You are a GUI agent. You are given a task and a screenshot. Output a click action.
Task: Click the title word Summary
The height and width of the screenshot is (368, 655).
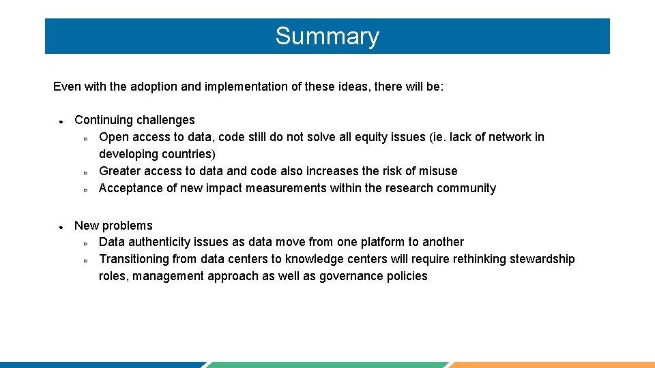click(x=327, y=36)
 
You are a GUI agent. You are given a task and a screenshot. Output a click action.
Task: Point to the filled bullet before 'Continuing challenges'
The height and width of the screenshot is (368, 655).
click(x=61, y=121)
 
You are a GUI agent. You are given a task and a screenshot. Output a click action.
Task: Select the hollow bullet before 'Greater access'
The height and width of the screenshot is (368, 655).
click(x=85, y=172)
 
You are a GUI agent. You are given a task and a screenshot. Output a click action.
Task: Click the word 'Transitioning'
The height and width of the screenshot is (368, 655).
click(x=134, y=259)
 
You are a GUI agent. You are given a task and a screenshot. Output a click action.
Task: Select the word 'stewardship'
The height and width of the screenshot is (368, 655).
click(x=541, y=259)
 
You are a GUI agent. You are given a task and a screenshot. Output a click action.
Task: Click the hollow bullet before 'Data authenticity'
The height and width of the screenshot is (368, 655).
click(x=85, y=243)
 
